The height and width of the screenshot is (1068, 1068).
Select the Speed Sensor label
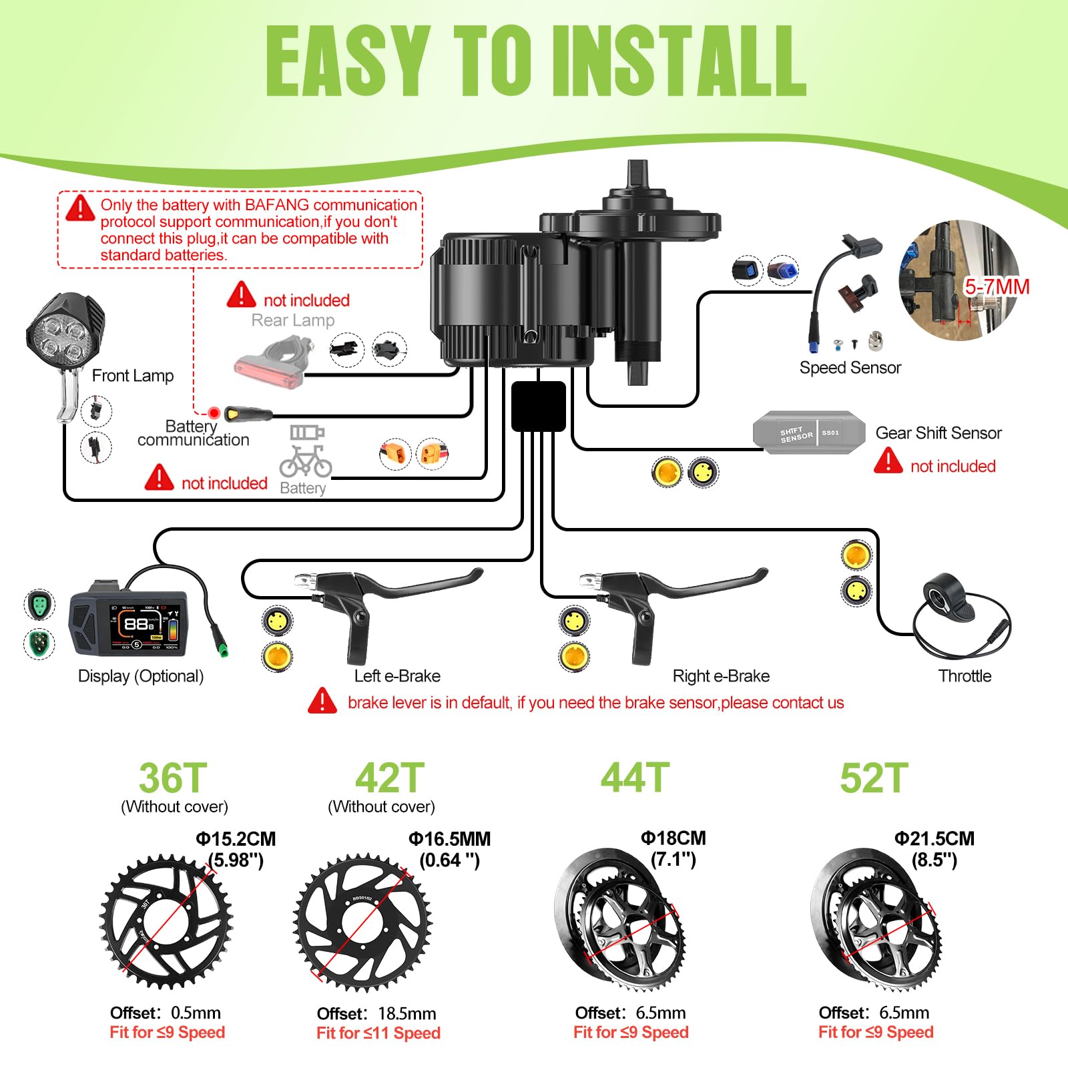[850, 368]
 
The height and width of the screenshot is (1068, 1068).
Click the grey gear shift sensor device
[808, 433]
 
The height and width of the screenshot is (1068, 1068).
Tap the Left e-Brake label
[397, 676]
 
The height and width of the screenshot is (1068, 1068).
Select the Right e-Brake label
[721, 676]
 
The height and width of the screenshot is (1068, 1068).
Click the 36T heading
[173, 778]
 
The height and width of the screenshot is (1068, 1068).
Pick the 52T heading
[874, 778]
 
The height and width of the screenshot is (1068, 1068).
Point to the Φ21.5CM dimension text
[934, 838]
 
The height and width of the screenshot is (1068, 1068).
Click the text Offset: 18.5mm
[376, 1014]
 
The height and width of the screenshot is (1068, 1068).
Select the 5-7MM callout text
[997, 287]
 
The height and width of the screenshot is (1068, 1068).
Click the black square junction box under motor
[538, 406]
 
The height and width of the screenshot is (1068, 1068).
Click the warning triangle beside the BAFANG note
[81, 208]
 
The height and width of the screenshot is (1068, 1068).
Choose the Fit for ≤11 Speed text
[378, 1033]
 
